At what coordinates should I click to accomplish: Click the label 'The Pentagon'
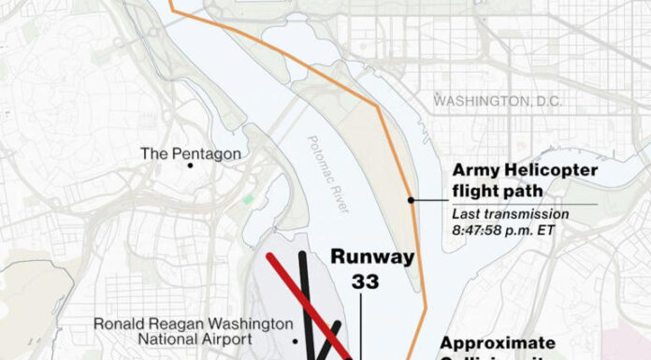[190, 153]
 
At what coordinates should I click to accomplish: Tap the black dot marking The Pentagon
[191, 166]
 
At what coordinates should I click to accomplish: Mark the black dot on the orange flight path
[411, 200]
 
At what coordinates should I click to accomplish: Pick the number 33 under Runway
[365, 280]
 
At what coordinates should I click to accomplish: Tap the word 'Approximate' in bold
[497, 342]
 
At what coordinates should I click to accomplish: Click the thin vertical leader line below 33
[363, 323]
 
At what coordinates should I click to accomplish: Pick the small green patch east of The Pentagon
[248, 199]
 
